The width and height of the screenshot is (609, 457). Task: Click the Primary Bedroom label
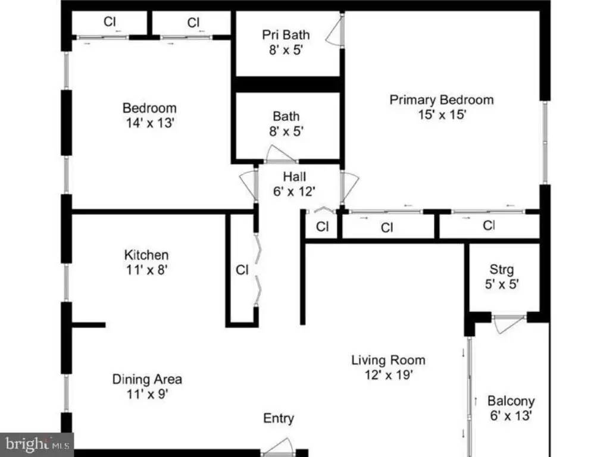442,100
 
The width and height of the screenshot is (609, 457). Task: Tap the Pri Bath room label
286,35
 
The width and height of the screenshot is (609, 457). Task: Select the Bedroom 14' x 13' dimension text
150,123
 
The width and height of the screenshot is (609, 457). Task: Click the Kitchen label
146,255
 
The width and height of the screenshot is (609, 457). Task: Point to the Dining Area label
147,379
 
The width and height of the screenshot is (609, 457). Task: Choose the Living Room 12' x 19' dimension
388,375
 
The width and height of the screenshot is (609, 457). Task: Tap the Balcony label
511,401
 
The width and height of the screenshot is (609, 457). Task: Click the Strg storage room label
501,270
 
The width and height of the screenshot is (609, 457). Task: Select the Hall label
295,177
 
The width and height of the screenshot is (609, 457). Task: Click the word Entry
279,418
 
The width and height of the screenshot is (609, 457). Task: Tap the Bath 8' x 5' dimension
286,132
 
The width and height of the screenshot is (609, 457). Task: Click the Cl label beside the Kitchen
242,270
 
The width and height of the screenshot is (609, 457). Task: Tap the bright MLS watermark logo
37,445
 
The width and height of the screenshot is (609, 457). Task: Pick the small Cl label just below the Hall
323,227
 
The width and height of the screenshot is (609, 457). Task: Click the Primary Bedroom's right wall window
545,142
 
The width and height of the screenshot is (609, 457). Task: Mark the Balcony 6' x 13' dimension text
511,416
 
